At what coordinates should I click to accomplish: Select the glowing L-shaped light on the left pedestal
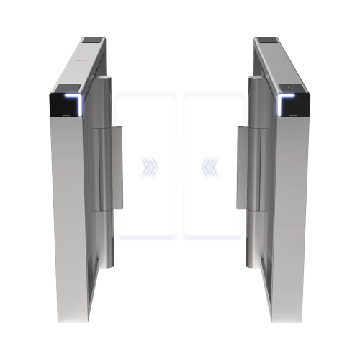[x=73, y=101]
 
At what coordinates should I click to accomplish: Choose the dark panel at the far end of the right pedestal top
[x=264, y=42]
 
